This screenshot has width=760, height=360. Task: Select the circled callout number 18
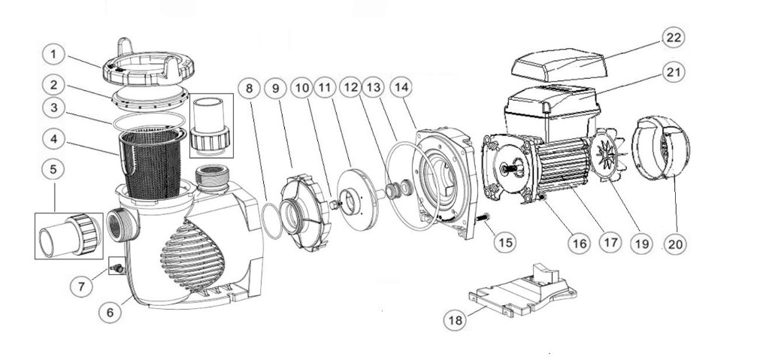pos(455,320)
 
